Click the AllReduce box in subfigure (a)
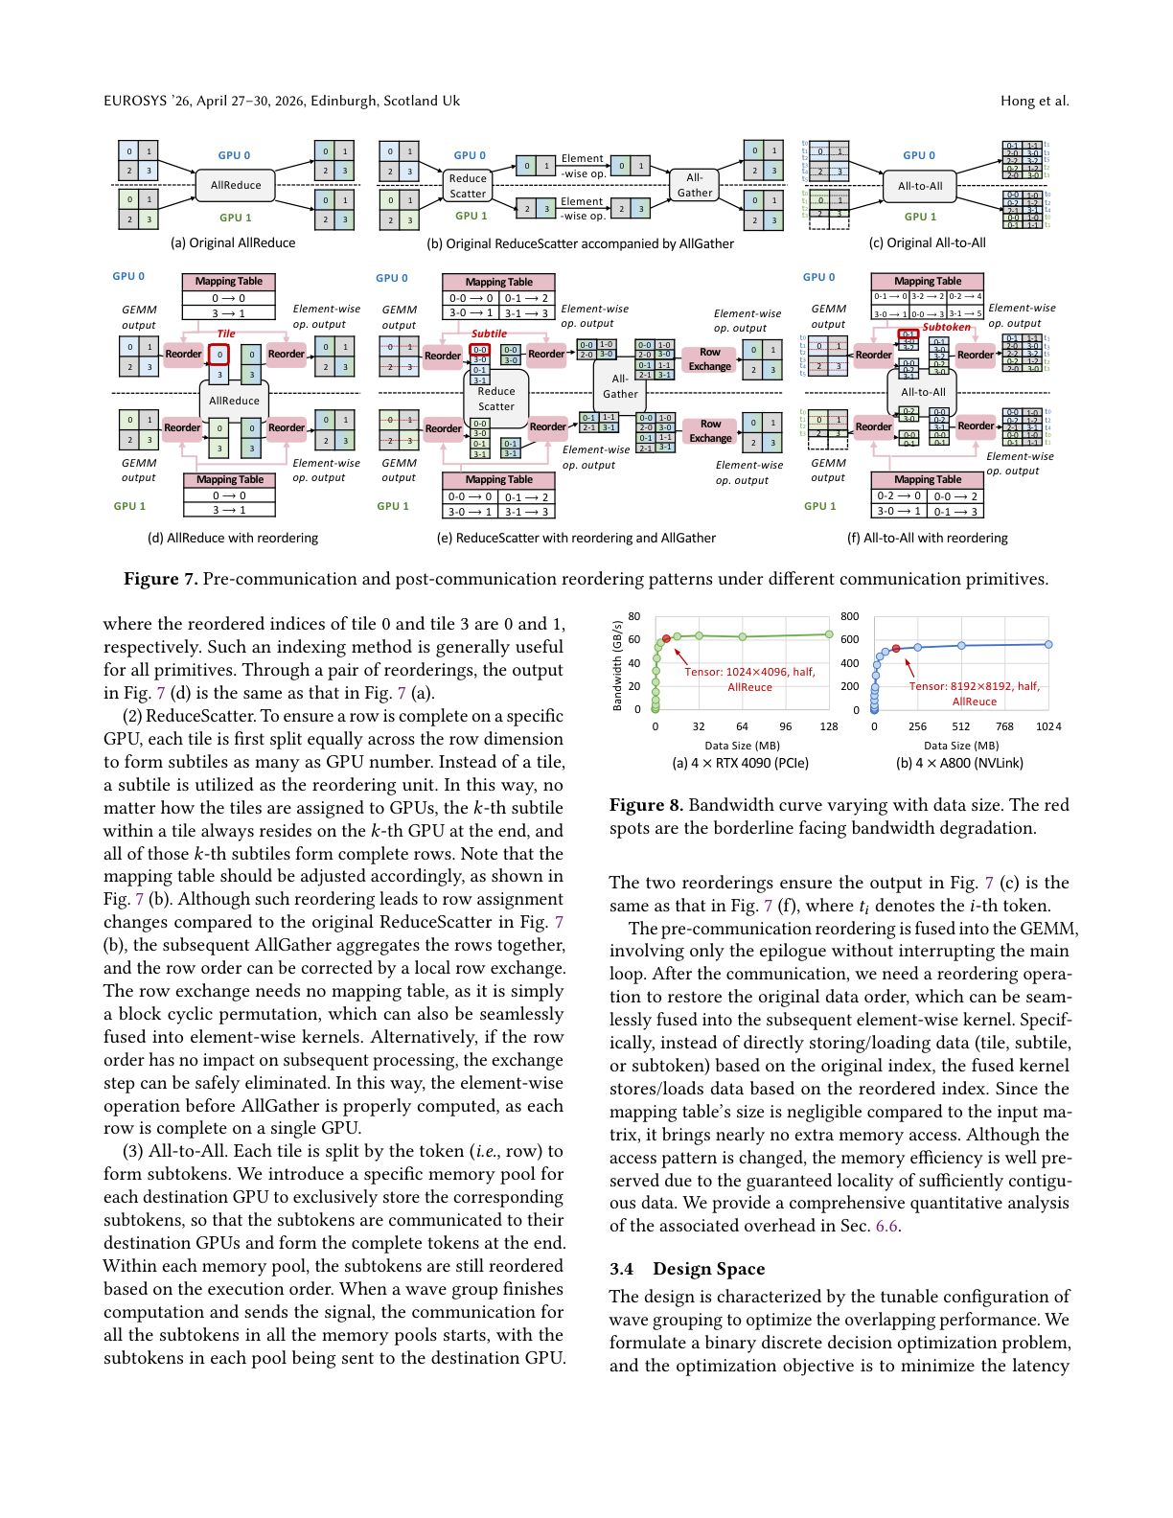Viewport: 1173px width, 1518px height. pos(236,185)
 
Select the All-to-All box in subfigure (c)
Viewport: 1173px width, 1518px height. pos(920,186)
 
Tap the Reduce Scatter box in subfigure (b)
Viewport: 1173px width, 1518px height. pos(468,186)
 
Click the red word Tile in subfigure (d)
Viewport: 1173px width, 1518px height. pos(226,333)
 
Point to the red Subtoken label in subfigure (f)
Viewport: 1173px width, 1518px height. pos(946,327)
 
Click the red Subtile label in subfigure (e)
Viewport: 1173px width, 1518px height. pos(489,333)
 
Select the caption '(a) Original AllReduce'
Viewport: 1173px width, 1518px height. pos(233,242)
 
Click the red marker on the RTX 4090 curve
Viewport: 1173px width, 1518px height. pos(666,638)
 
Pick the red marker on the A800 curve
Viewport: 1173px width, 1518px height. pos(896,649)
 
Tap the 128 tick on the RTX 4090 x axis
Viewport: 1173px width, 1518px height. pos(829,726)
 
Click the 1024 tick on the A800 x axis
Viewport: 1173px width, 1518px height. pos(1048,726)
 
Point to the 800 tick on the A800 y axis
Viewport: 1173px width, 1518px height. pos(849,616)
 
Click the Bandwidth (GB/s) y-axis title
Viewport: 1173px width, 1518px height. pos(617,665)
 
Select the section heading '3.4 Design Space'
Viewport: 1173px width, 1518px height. pos(687,1269)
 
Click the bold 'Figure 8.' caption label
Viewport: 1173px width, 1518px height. pos(646,805)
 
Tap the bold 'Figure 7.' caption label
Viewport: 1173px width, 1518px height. pos(160,579)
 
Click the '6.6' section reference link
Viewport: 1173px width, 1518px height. pos(886,1226)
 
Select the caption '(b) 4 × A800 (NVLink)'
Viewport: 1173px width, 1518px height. pos(959,763)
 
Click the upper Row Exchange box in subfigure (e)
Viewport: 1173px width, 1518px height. pos(710,359)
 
